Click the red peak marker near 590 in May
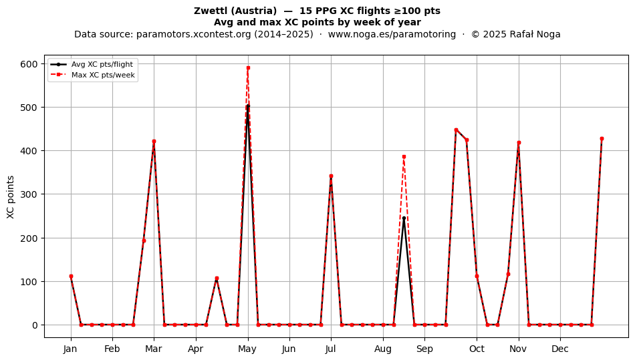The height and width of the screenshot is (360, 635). point(248,68)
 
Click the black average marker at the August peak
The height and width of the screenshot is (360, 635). point(404,218)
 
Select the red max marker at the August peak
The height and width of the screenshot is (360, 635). point(404,156)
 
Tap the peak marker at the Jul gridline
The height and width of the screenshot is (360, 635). point(331,176)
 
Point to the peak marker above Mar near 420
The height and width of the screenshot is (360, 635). point(154,142)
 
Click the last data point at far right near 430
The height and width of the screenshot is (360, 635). point(602,139)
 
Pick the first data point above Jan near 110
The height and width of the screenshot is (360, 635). point(71,277)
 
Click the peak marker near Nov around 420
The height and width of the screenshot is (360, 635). point(519,142)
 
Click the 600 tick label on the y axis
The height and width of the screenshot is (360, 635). point(29,64)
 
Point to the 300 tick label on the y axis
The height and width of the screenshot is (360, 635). point(29,194)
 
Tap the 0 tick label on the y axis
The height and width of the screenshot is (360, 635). point(35,325)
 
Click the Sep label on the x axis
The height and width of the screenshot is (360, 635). point(424,349)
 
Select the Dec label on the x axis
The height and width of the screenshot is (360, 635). point(560,349)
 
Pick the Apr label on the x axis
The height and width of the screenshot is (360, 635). point(196,349)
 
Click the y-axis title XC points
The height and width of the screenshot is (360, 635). point(11,197)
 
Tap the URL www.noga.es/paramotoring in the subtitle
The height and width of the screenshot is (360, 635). point(392,34)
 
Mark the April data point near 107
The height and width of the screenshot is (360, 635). point(217,279)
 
